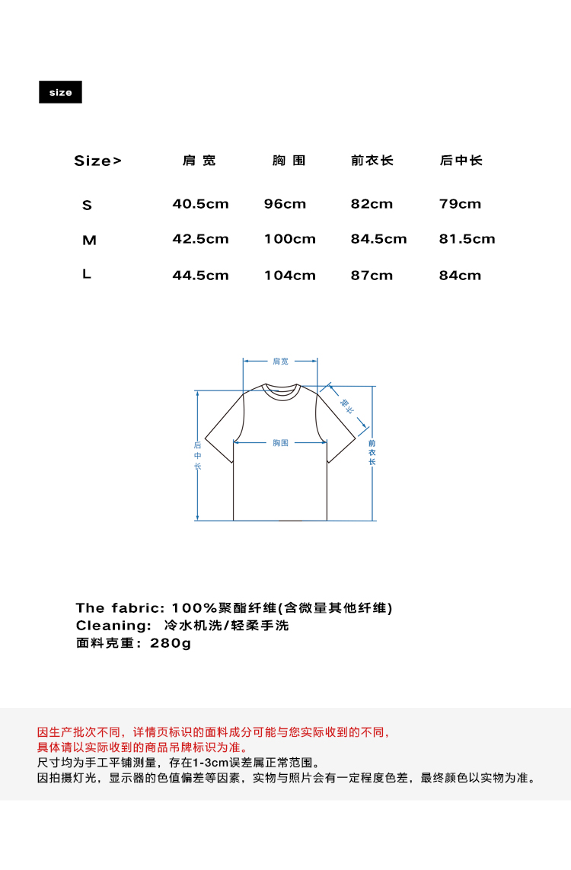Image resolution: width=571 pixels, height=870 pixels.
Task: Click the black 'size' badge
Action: [60, 92]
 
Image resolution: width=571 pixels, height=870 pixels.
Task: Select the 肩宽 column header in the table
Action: [199, 161]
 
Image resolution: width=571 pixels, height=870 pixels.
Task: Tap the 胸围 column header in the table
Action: [289, 161]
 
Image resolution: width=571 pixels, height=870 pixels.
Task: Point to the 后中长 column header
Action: [461, 161]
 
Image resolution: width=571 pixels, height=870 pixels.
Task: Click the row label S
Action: [87, 205]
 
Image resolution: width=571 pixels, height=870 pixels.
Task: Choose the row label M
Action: [89, 241]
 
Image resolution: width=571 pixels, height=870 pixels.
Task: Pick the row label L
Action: [87, 274]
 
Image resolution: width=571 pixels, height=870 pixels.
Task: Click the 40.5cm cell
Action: [200, 204]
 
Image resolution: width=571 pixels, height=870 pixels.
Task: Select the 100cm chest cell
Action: [289, 239]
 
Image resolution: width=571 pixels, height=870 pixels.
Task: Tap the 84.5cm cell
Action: [378, 239]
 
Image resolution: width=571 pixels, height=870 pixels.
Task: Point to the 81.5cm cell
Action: [467, 239]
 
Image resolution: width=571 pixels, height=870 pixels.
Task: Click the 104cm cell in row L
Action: [289, 276]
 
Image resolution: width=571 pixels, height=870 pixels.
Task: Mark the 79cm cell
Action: [460, 204]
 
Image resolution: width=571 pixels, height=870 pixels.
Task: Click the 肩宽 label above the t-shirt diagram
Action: [280, 362]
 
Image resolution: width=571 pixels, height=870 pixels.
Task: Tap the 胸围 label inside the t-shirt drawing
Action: [280, 443]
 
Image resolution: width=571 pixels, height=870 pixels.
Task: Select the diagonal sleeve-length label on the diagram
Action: [347, 406]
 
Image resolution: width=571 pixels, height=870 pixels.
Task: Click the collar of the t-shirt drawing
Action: [281, 390]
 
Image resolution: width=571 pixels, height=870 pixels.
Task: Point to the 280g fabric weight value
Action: [171, 643]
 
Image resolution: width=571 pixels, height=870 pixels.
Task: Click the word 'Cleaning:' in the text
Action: [113, 626]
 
